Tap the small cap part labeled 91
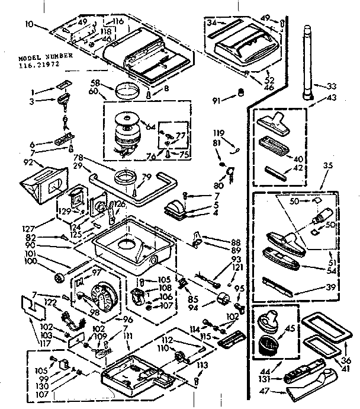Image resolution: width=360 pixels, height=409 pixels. [241, 93]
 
